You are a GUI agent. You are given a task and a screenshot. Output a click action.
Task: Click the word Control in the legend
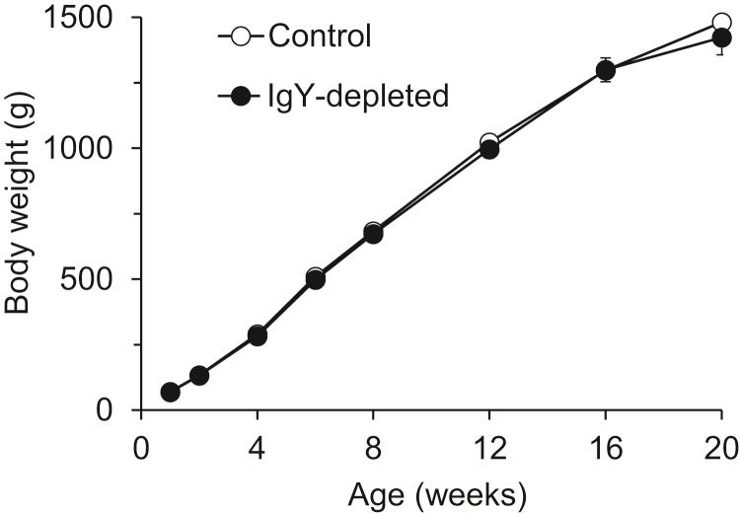pos(318,38)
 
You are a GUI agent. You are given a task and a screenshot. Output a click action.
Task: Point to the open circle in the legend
pos(238,38)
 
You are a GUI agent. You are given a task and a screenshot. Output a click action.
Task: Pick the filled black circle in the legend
pos(238,96)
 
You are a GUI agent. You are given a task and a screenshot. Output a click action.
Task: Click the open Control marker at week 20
pos(721,24)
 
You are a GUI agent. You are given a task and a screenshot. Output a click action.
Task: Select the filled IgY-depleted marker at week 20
pos(721,38)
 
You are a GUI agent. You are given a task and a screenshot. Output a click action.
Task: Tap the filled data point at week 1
pos(171,393)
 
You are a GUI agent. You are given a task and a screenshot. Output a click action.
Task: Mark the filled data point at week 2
pos(199,376)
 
